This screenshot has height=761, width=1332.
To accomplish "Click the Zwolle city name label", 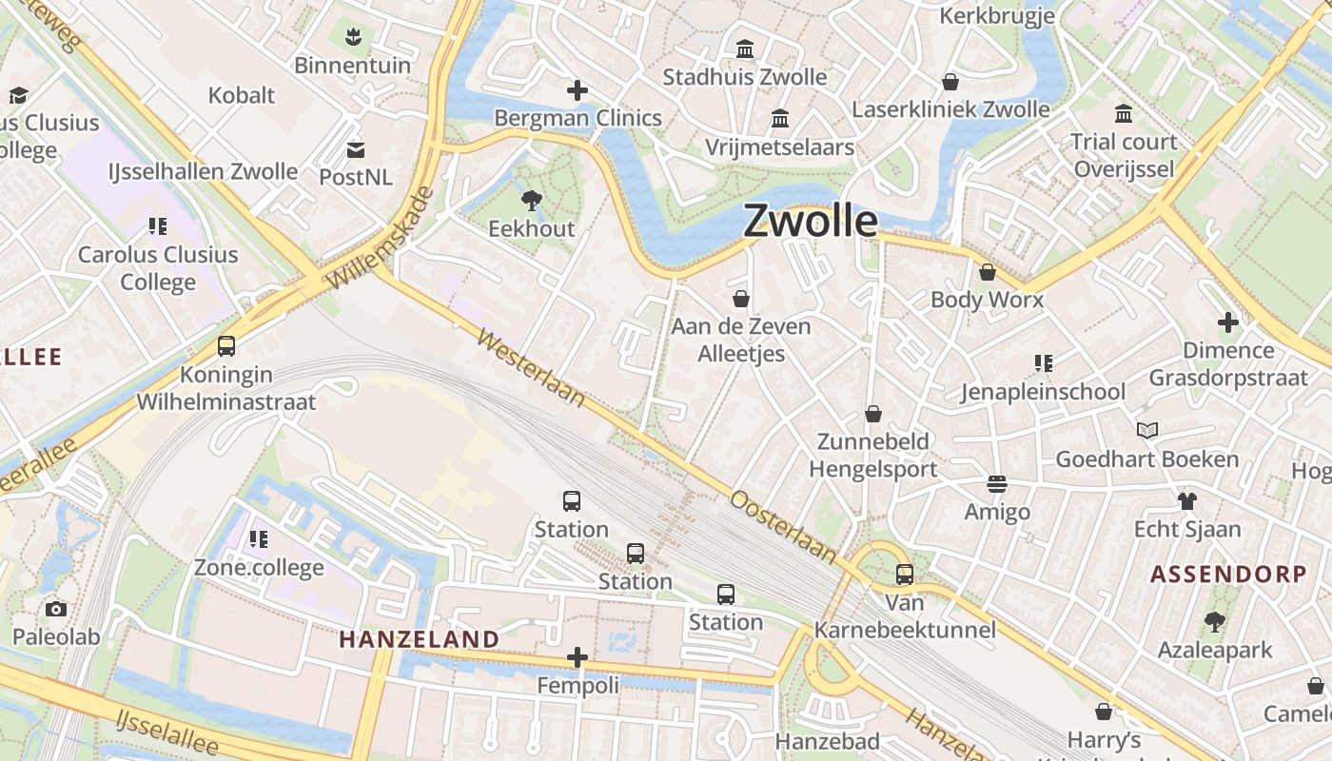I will tap(811, 221).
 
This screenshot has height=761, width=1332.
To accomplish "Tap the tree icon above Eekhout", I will tap(532, 200).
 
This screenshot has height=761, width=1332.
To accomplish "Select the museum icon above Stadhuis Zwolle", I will tap(745, 49).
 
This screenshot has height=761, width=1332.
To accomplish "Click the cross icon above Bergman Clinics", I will tap(578, 90).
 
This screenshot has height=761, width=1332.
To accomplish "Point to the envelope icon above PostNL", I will tap(356, 149).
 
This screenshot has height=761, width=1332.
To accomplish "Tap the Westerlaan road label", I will tap(531, 368).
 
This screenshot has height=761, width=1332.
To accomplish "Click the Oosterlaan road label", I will tap(784, 526).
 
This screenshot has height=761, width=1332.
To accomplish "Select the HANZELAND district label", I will tap(419, 639).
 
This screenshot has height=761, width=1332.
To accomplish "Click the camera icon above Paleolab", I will tap(56, 609).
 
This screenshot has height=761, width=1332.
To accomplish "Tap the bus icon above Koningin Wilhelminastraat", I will tap(226, 346).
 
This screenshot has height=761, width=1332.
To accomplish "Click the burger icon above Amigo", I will tap(997, 484).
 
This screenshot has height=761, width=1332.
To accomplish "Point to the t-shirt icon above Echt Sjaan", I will tap(1186, 500).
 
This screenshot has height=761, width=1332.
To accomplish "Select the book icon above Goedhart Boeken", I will tap(1147, 431).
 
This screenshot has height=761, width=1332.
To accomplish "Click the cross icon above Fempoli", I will tap(578, 657).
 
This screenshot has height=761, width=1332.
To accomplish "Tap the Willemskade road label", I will tap(381, 238).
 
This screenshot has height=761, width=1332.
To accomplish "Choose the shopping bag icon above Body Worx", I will tap(988, 272).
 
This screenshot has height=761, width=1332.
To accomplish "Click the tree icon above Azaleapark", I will tap(1214, 622).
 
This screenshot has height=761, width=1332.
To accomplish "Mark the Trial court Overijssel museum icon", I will tap(1124, 114).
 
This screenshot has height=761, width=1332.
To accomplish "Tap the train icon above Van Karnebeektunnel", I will tap(904, 575).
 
